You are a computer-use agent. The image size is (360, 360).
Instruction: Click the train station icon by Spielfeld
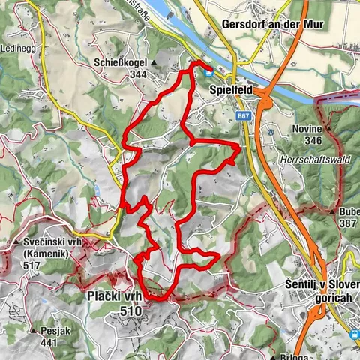tap(210, 73)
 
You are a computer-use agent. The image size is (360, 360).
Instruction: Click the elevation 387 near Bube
tap(346, 224)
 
